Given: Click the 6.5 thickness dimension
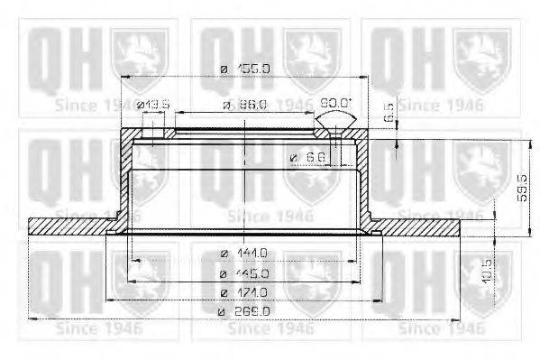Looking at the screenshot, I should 389,114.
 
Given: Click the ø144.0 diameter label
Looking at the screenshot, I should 244,254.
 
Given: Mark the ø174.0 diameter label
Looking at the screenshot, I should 244,292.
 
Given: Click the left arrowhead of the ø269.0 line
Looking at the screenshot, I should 34,318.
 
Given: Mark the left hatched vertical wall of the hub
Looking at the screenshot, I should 124,180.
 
